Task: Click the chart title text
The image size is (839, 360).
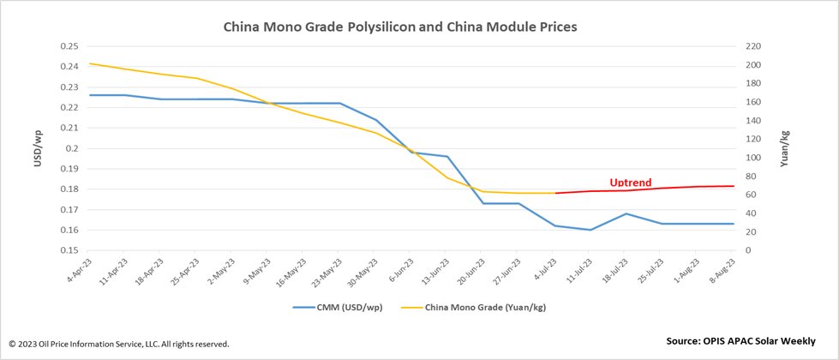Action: tap(400, 27)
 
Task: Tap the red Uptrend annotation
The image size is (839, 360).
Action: tap(630, 183)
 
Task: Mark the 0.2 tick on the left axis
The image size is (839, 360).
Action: tap(72, 148)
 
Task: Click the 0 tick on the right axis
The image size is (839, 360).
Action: tap(748, 250)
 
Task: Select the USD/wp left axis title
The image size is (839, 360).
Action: tap(38, 147)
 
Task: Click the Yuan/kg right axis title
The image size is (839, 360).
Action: tap(784, 147)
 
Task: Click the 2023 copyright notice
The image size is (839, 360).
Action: tap(118, 344)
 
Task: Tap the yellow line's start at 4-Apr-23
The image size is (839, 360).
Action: tap(90, 63)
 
